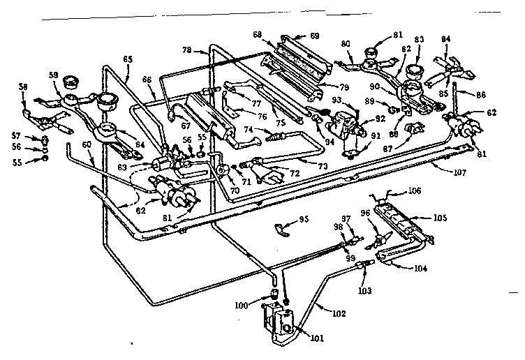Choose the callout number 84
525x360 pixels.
(446, 40)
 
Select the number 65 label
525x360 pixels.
(128, 59)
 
